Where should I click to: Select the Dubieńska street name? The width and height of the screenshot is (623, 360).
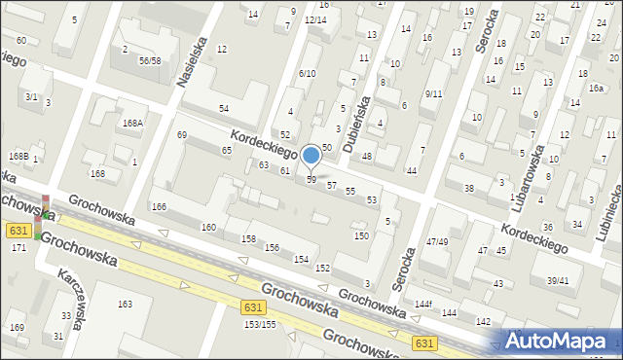click(362, 113)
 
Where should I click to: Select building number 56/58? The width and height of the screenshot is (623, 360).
click(149, 60)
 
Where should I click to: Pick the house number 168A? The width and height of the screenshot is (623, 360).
click(133, 123)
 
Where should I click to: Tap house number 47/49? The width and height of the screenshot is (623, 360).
click(436, 241)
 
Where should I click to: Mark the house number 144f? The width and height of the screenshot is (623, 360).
click(422, 305)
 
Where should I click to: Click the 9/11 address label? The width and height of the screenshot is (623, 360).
click(433, 93)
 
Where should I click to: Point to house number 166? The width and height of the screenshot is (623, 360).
click(159, 206)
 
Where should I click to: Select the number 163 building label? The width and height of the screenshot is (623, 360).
click(125, 305)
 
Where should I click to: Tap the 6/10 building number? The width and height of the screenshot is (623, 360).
click(308, 73)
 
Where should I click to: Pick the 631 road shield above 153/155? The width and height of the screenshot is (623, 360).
click(249, 306)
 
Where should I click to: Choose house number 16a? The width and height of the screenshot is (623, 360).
click(596, 88)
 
